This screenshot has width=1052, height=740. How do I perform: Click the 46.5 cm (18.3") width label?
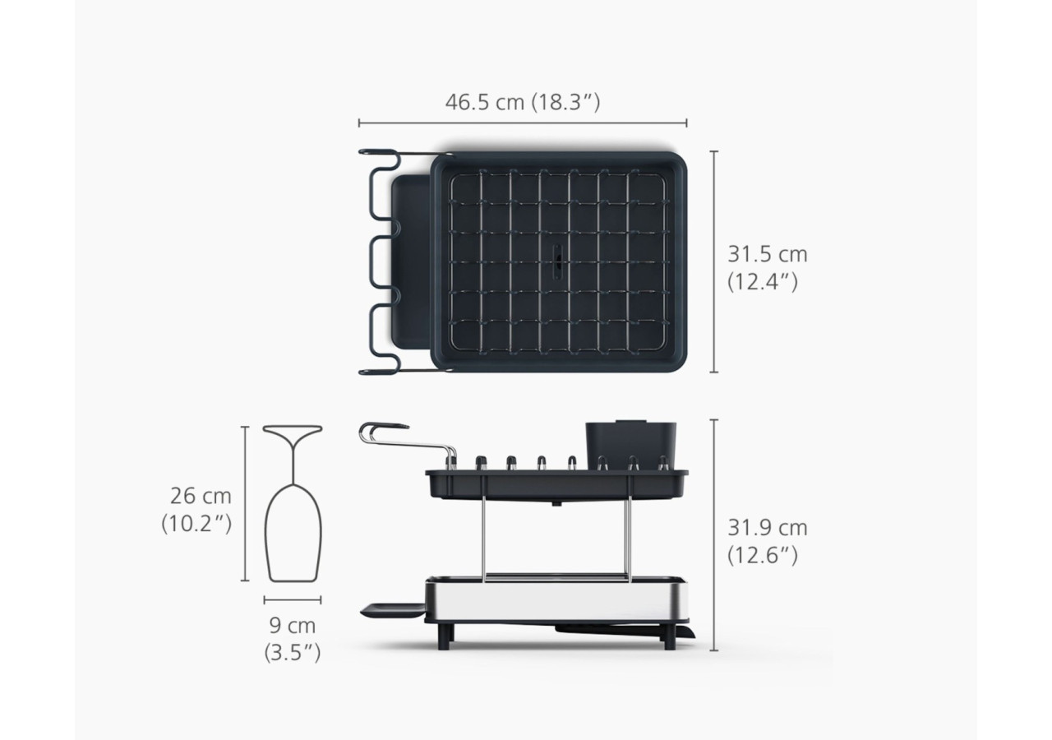(x=523, y=102)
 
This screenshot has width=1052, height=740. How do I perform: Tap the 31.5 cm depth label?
(x=768, y=268)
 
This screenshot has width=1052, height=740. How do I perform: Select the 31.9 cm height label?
(x=768, y=542)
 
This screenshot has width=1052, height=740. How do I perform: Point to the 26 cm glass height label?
(x=196, y=510)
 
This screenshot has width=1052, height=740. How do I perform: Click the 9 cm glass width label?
(x=292, y=640)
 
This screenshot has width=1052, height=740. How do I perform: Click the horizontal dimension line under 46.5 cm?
(x=523, y=123)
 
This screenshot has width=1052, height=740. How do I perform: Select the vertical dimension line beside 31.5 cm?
(x=714, y=261)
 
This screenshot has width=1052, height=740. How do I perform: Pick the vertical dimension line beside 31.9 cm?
(x=714, y=535)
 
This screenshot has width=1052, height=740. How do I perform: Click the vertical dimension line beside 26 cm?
(x=245, y=504)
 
